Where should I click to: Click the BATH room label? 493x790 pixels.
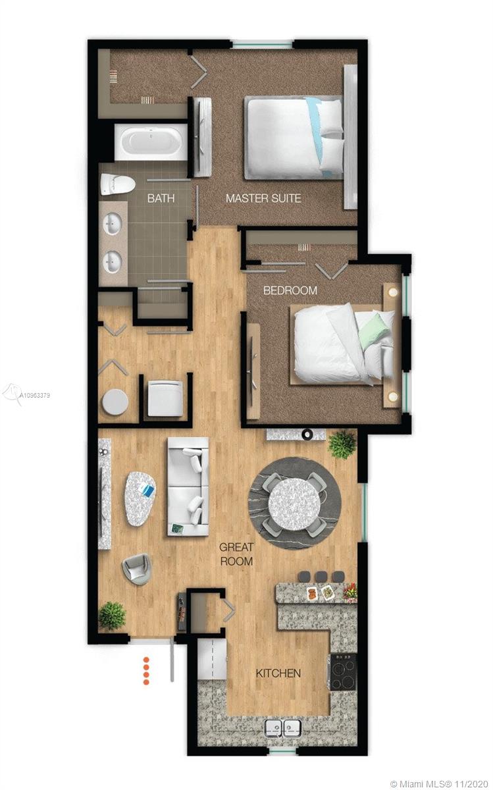(x=161, y=197)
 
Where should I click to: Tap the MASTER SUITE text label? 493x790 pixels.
(x=263, y=197)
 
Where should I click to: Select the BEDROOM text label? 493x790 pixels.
(x=290, y=290)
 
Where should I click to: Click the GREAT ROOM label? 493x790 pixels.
(x=236, y=554)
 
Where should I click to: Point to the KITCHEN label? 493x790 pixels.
(x=278, y=673)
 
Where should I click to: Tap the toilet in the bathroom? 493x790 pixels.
(x=117, y=184)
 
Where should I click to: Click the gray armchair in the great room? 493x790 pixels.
(x=137, y=569)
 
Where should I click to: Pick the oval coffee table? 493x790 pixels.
(x=140, y=498)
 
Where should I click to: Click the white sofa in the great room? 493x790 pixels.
(x=188, y=486)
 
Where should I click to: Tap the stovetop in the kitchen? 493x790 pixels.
(x=343, y=671)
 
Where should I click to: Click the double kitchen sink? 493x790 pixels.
(x=283, y=728)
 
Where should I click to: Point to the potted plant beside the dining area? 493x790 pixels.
(x=342, y=444)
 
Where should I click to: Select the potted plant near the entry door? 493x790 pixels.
(x=112, y=616)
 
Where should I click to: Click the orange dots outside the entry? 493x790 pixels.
(x=146, y=670)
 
